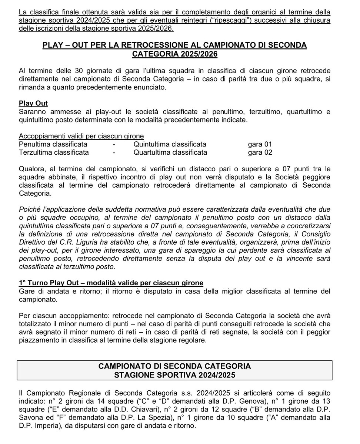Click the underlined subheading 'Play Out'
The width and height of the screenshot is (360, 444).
[x=33, y=103]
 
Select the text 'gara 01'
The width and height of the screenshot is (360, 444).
[x=260, y=144]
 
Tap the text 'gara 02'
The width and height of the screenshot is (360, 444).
[x=260, y=152]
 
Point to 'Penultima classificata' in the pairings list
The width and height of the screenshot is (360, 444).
[x=53, y=144]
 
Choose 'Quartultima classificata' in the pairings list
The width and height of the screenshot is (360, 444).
[x=170, y=152]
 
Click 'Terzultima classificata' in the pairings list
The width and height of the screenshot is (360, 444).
[x=54, y=152]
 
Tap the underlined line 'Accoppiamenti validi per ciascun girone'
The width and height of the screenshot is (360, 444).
[x=81, y=136]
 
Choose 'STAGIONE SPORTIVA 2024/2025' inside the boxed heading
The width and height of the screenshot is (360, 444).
[x=174, y=374]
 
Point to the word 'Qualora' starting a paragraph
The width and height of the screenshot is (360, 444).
[x=32, y=169]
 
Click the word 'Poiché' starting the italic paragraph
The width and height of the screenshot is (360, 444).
[x=29, y=210]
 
